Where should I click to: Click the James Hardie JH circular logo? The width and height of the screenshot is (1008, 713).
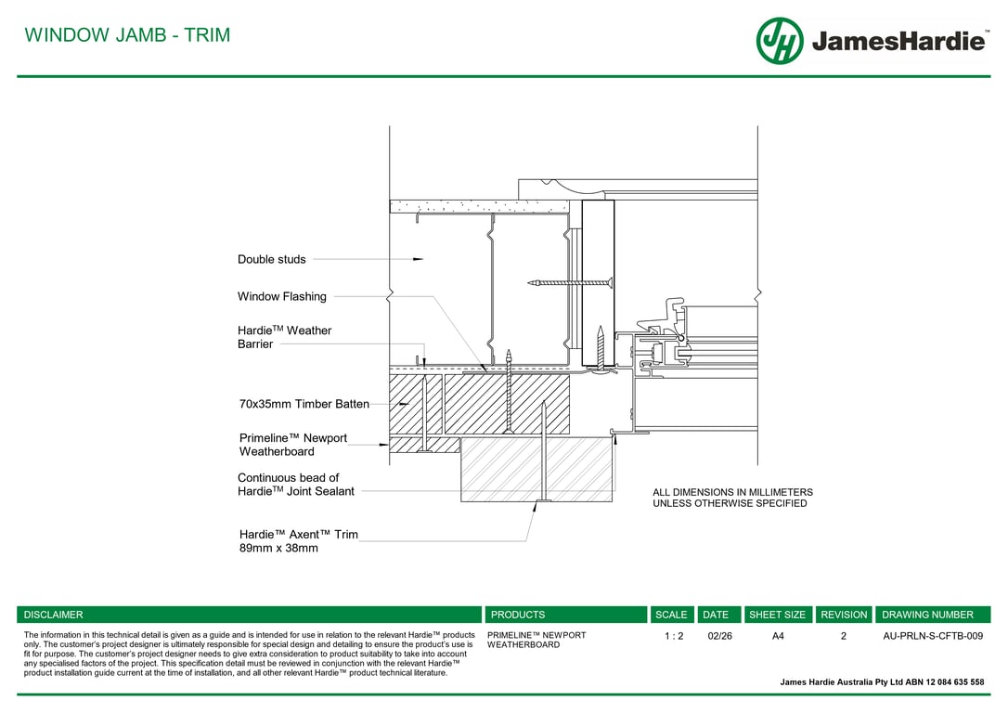point(780,41)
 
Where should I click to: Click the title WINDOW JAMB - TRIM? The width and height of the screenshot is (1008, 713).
point(127,34)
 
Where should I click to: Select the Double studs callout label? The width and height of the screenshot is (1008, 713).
point(271,259)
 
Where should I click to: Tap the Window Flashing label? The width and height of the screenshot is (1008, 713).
point(281,296)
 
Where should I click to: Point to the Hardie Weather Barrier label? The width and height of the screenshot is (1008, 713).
point(284,337)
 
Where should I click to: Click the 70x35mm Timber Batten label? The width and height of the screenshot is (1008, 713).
point(304,404)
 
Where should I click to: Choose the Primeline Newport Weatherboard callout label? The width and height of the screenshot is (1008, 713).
point(293,445)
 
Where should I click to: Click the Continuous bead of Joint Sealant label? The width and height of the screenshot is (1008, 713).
point(296,484)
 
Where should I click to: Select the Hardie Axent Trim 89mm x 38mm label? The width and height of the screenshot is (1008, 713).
point(298,540)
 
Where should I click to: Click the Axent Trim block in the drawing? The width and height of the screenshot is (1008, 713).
point(536,470)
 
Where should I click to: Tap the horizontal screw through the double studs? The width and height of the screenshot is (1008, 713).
point(570,282)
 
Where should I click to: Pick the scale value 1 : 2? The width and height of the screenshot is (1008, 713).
point(674,636)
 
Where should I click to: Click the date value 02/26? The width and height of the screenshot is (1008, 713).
point(719,636)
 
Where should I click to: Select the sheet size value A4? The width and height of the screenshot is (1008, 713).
point(778,636)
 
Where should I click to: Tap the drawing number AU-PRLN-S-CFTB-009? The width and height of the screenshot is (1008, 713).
point(933,636)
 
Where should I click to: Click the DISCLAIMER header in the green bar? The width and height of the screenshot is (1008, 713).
point(53,615)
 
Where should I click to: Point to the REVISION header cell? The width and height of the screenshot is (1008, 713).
point(844,615)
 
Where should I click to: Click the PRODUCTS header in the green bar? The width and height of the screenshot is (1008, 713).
point(518,615)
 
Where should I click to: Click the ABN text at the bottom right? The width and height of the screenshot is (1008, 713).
point(882,682)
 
